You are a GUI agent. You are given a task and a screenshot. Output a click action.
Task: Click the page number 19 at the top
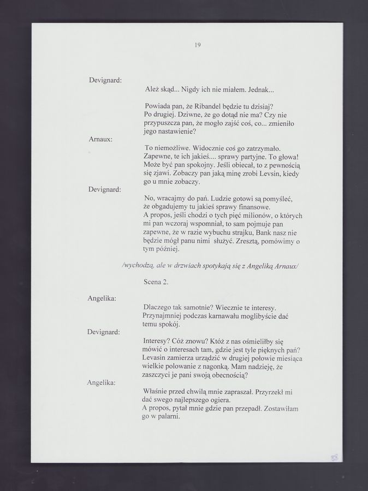198,45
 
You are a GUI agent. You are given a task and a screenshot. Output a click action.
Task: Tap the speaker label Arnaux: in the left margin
100,140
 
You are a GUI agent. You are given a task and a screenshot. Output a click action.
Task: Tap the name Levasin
158,358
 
